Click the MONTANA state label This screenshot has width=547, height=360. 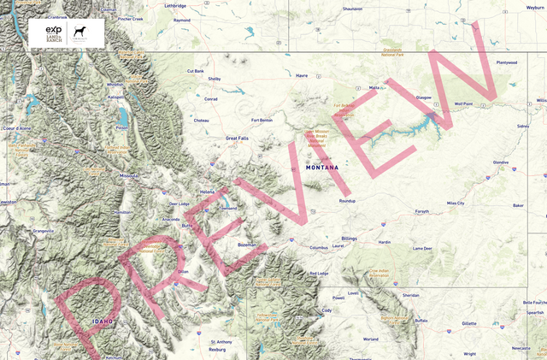click(322, 168)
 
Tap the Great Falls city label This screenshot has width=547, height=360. click(237, 138)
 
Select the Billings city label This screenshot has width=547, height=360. click(349, 239)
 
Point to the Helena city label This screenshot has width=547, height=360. click(207, 192)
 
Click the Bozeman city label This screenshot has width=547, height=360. click(246, 245)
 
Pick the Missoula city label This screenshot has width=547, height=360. click(129, 176)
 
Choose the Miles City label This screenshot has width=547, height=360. click(455, 204)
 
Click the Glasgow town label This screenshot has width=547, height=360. click(424, 97)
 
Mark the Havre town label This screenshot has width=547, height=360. click(301, 75)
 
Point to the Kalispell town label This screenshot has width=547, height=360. click(117, 97)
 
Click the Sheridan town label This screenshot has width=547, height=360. click(411, 295)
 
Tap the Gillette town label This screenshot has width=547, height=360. click(468, 324)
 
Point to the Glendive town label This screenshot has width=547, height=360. click(501, 162)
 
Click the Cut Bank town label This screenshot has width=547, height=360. click(196, 71)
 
